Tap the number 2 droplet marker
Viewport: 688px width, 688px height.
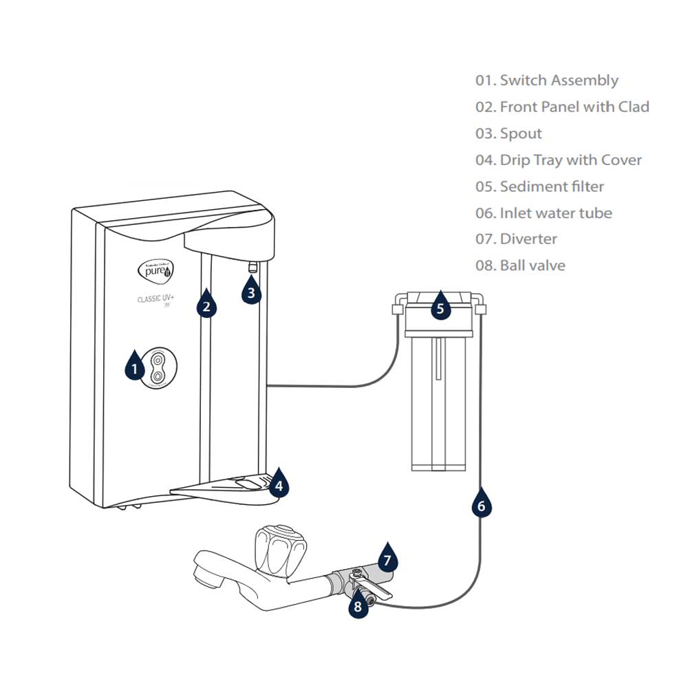(206, 305)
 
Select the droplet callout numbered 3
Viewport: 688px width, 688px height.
(251, 292)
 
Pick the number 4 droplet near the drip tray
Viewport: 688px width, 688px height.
(278, 485)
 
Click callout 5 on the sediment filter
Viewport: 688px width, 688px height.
(440, 308)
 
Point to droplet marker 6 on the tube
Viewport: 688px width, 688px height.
(481, 506)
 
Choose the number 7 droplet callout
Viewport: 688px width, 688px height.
(387, 559)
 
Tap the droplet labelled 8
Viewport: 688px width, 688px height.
(357, 606)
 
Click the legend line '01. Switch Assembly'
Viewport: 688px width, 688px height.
(547, 80)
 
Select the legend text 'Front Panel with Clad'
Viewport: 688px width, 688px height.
(574, 107)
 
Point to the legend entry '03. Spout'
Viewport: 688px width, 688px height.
(508, 133)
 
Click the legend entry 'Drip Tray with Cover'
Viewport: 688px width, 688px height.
(570, 160)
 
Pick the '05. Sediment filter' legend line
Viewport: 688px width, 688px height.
(539, 186)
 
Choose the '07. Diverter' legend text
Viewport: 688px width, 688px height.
(516, 239)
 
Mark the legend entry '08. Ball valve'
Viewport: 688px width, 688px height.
(520, 266)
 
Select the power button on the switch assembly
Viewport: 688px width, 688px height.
(159, 360)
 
